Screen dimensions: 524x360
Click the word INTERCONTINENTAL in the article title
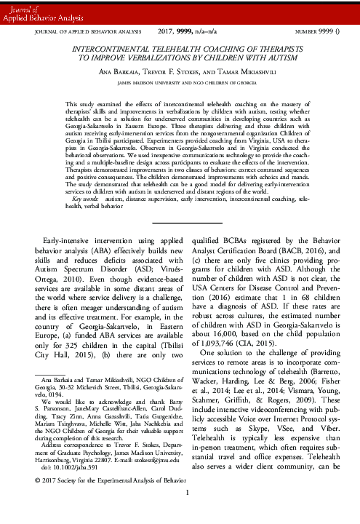pyautogui.click(x=103, y=45)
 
